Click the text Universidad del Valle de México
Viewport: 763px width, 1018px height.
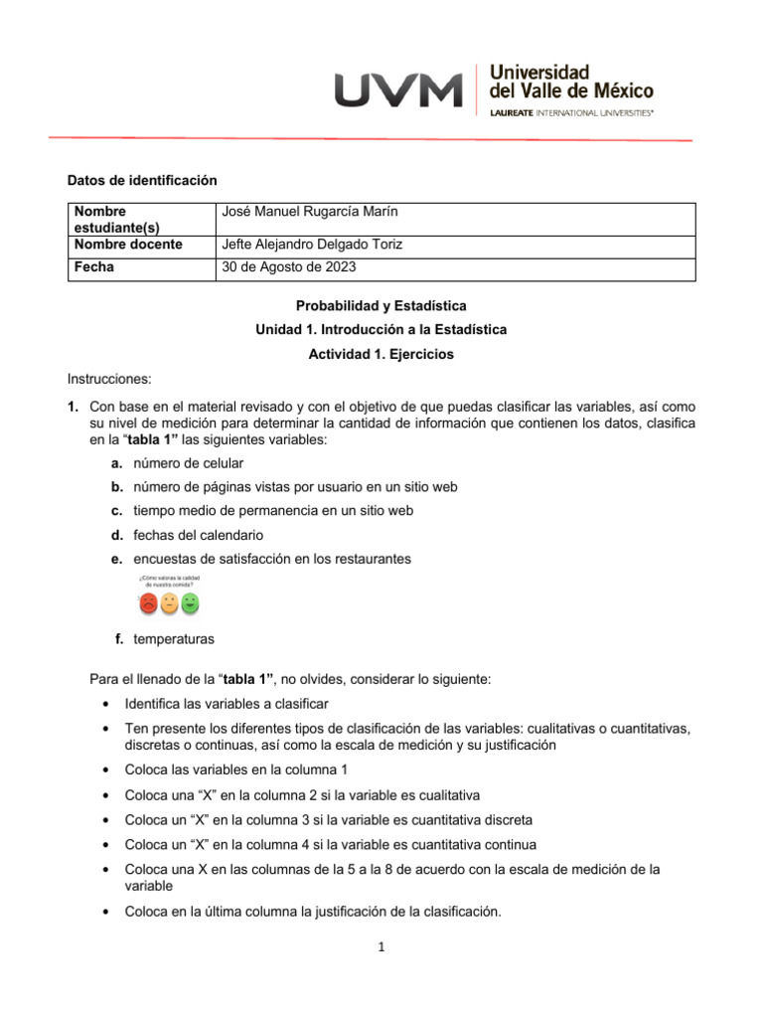571,82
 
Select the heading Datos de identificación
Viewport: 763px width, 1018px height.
141,180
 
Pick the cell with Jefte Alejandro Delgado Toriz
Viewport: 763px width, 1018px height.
313,246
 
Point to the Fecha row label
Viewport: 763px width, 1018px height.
94,268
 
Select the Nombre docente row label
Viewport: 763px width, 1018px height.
128,246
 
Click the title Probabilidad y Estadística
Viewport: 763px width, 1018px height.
381,305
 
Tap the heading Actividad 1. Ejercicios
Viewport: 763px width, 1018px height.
381,354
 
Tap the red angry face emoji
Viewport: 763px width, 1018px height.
148,603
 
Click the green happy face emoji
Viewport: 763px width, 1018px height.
191,602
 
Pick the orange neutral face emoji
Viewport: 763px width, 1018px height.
170,603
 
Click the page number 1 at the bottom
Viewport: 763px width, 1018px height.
381,947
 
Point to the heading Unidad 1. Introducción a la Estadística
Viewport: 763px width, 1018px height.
381,329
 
